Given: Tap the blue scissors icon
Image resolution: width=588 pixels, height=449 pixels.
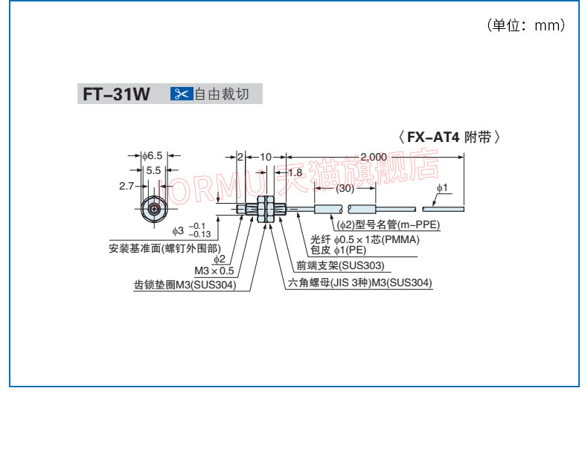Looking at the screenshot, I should pos(182,94).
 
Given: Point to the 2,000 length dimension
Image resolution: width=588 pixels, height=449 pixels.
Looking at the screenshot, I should pos(373,156).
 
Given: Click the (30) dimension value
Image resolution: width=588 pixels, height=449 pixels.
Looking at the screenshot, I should pos(345,189).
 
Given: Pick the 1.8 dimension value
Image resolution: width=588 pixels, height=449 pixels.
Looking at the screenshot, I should pos(295,172).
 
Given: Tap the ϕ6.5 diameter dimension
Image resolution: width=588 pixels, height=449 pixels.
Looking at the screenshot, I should pos(154,156).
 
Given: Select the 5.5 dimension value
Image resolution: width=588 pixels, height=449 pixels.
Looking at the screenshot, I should pos(153,170).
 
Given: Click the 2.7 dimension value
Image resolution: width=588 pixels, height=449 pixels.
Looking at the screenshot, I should pos(126,187).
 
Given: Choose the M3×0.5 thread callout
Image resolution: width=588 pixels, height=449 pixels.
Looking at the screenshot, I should pos(214,271).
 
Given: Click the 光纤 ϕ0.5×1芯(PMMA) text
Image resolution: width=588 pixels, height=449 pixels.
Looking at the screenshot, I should pos(365,239).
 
